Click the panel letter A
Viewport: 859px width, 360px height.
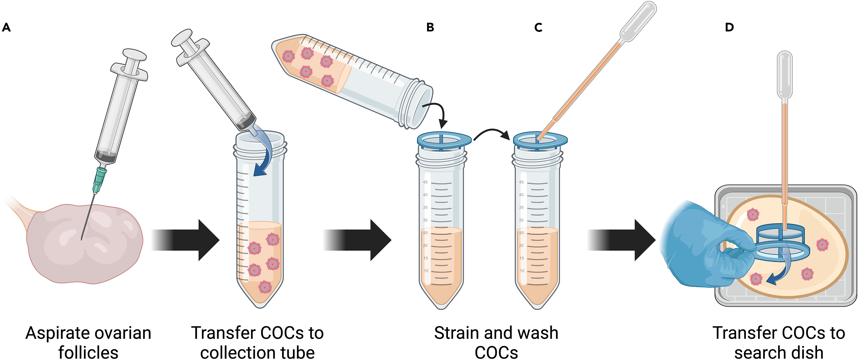click(x=6, y=27)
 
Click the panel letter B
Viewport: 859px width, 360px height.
click(x=430, y=27)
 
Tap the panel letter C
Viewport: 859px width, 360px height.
click(x=538, y=27)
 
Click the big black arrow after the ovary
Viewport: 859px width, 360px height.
click(x=187, y=240)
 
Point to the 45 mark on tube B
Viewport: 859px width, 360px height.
click(x=425, y=182)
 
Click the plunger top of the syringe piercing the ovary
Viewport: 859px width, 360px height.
click(x=134, y=55)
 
